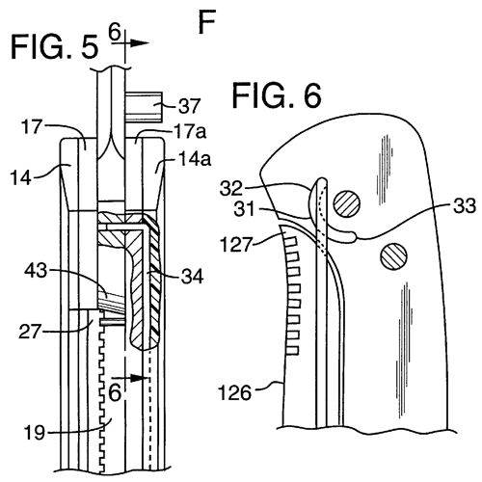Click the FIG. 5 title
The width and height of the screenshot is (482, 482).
click(x=54, y=47)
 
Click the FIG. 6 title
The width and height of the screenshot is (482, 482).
click(x=277, y=95)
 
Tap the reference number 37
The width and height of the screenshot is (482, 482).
click(x=190, y=106)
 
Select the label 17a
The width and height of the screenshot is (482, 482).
click(x=190, y=132)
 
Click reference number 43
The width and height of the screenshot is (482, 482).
click(x=36, y=271)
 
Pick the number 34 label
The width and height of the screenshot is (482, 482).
click(x=192, y=277)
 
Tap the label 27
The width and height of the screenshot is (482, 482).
click(x=29, y=332)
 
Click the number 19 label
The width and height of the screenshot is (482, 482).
click(x=34, y=433)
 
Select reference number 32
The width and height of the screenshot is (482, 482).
click(x=230, y=189)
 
